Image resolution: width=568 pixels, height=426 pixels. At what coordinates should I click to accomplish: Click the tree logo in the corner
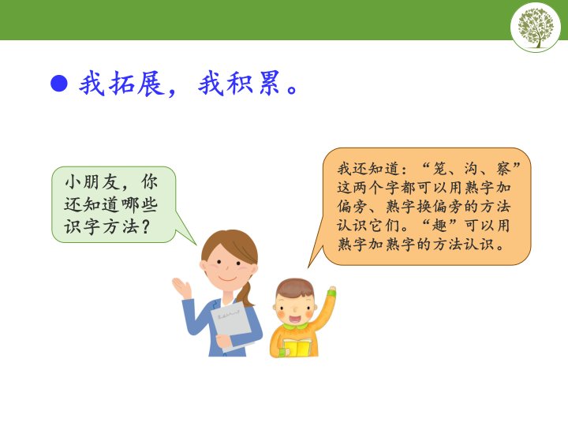tap(536, 28)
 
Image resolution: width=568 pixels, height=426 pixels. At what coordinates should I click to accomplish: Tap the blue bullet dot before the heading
tap(59, 84)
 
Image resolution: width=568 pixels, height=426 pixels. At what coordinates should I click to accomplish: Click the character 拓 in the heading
tap(121, 84)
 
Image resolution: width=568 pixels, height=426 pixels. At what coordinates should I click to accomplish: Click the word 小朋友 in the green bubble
tap(92, 182)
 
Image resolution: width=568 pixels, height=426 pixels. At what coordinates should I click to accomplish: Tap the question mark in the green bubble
tap(145, 226)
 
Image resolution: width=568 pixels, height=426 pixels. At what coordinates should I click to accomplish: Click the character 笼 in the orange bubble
tap(441, 169)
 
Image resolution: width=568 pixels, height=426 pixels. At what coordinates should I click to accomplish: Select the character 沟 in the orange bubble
tap(473, 169)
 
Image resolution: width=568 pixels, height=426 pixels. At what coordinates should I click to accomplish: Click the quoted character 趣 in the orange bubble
tap(440, 226)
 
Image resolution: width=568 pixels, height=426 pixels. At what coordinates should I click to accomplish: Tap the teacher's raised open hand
tap(182, 288)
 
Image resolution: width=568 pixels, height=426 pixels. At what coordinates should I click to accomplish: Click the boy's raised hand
tap(332, 291)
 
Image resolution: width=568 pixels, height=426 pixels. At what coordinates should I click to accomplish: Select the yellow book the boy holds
tap(297, 347)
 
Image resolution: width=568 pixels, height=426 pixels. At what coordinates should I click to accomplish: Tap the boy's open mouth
tap(294, 319)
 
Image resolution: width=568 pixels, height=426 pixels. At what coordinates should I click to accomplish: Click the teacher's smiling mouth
tap(228, 279)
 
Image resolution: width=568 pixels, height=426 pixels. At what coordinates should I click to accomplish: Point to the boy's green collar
tap(295, 327)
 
